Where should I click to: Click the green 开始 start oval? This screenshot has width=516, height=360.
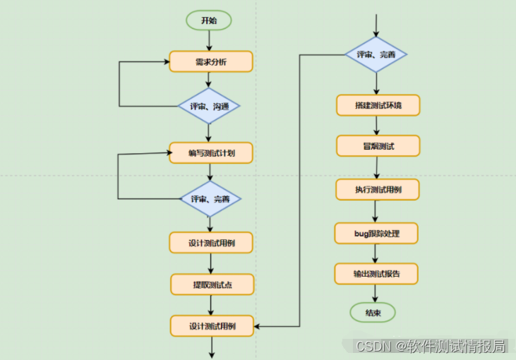click(209, 20)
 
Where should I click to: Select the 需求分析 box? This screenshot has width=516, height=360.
click(211, 61)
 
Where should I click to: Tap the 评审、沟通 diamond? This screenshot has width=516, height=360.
click(209, 107)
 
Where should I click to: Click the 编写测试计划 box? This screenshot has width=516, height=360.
click(211, 153)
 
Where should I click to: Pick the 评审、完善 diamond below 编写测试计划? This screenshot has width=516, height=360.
click(210, 199)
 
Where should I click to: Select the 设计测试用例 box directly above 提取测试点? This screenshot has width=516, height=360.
click(211, 243)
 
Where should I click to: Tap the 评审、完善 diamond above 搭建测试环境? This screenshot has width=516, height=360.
click(375, 54)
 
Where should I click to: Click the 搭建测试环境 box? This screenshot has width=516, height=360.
click(378, 105)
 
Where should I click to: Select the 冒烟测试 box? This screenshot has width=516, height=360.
click(378, 146)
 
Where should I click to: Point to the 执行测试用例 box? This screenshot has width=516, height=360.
click(378, 190)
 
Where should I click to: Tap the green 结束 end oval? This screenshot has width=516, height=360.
click(373, 313)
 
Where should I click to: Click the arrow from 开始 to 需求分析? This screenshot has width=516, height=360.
click(209, 40)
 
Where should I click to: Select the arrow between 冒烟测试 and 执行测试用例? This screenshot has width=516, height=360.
click(376, 168)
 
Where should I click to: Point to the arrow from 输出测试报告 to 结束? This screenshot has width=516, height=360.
click(375, 293)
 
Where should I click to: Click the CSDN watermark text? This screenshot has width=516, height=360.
click(430, 346)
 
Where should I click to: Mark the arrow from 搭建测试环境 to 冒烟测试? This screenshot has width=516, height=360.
click(376, 126)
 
